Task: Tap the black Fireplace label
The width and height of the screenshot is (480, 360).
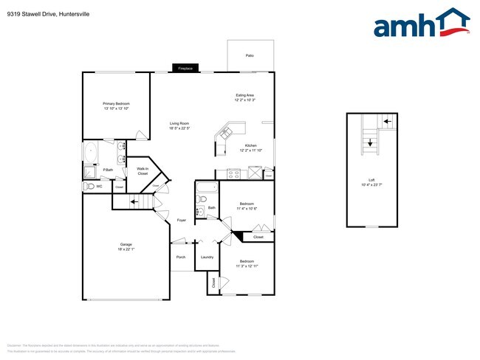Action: [x=185, y=69]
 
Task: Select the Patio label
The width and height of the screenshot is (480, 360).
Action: [x=250, y=55]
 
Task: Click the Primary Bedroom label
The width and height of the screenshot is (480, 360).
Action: [x=116, y=103]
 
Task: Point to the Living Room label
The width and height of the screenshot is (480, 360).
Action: [x=179, y=123]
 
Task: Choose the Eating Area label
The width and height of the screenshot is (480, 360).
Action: [x=245, y=95]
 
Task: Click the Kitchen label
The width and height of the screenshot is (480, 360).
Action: [x=250, y=146]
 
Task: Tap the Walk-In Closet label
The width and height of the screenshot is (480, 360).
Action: [x=143, y=171]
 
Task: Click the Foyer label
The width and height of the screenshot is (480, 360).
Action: [x=181, y=221]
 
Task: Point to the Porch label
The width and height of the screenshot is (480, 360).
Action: [x=180, y=257]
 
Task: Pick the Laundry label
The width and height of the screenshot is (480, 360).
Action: [x=207, y=257]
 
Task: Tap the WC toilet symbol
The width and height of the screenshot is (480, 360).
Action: [x=89, y=187]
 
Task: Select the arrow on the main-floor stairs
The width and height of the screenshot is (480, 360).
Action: [x=134, y=201]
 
